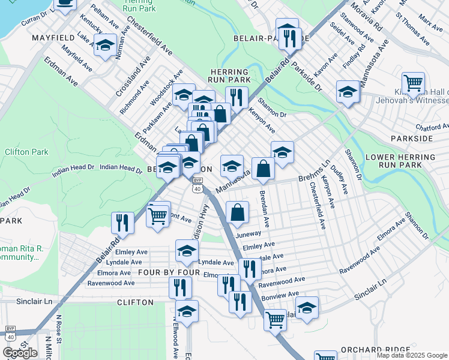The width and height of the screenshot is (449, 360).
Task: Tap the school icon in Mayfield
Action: [105, 46]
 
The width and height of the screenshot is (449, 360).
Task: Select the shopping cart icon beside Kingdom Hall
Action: [412, 83]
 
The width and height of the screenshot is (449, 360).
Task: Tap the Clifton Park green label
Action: [26, 152]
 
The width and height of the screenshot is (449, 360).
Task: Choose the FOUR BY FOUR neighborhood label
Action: [165, 272]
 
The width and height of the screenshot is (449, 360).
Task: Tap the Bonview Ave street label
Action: [279, 295]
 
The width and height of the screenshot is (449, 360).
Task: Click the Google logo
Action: [20, 353]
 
